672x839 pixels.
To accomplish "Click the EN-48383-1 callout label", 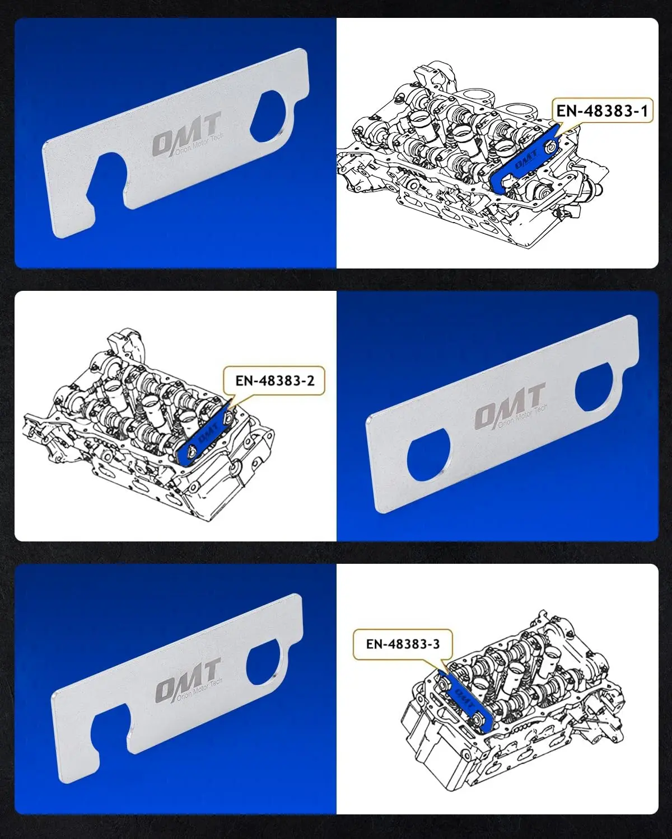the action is tap(601, 111).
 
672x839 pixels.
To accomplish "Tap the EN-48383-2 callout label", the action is tap(274, 380).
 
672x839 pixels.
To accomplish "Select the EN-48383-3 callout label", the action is tap(403, 644).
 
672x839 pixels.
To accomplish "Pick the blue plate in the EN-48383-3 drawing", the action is tap(465, 701).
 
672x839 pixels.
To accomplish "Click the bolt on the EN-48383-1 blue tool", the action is tap(550, 147).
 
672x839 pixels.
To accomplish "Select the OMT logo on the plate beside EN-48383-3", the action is tap(188, 679).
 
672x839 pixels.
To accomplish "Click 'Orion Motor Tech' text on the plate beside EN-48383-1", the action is tap(199, 144).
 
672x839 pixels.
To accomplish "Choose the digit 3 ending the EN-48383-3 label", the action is tap(436, 644).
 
